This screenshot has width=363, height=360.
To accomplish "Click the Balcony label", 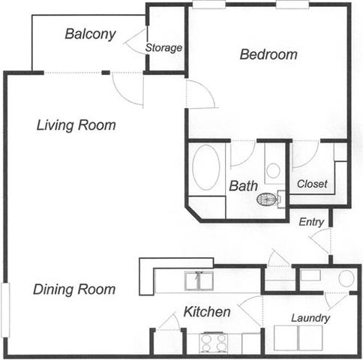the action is [x=90, y=34].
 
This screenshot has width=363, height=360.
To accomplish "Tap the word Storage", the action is [x=163, y=48].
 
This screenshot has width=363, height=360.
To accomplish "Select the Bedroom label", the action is [x=268, y=54].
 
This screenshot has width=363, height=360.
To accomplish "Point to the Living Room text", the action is [x=76, y=125].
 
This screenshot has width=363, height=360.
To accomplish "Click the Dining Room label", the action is [x=74, y=289].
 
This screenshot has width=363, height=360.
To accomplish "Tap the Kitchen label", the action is [x=207, y=312].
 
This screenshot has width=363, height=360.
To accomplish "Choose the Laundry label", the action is [x=310, y=318].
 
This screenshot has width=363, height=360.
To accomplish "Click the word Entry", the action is [x=311, y=222].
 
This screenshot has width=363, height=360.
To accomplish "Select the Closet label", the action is [x=312, y=184].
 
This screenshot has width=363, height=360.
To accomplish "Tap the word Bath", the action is [x=243, y=186].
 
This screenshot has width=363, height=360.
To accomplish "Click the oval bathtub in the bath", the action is [x=206, y=167].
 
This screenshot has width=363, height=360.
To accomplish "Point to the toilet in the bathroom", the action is [x=269, y=199].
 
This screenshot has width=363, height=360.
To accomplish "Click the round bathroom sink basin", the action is [x=273, y=170].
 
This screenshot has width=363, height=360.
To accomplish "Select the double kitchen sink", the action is [x=199, y=280].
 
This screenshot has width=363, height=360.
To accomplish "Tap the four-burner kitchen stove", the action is [x=214, y=343].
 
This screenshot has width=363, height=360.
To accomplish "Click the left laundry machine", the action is [x=286, y=337].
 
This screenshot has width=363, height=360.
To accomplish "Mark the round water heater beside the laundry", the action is [x=346, y=278].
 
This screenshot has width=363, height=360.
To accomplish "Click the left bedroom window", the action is [x=209, y=4].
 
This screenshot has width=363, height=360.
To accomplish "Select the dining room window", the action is [x=5, y=310].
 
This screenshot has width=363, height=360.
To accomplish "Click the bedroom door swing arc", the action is [x=206, y=88].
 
